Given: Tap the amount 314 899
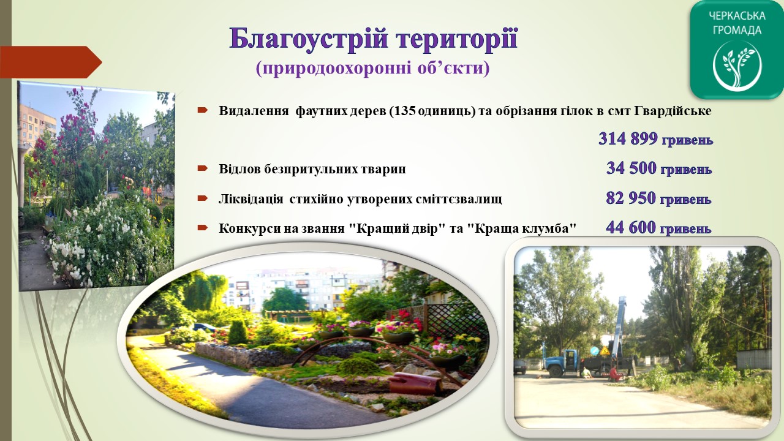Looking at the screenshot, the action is pyautogui.click(x=628, y=138).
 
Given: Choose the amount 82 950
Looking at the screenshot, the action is pyautogui.click(x=631, y=198).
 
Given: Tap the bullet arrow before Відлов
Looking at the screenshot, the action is pyautogui.click(x=203, y=168).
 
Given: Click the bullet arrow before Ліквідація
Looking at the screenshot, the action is pyautogui.click(x=203, y=198).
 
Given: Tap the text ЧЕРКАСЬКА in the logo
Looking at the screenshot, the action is pyautogui.click(x=736, y=16).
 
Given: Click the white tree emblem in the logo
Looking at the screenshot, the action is pyautogui.click(x=736, y=66).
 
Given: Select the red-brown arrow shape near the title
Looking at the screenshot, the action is pyautogui.click(x=51, y=62).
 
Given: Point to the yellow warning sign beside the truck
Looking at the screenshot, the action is pyautogui.click(x=604, y=351).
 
